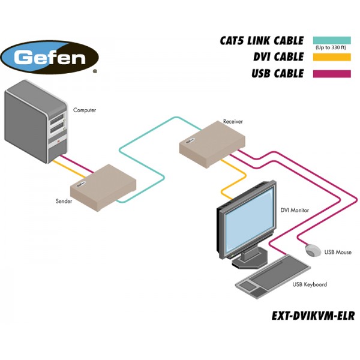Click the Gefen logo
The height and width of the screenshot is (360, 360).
(50, 58)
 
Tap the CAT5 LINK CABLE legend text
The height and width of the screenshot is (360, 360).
(262, 41)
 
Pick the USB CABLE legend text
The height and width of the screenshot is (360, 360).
(277, 74)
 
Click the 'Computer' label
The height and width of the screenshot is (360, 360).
(85, 110)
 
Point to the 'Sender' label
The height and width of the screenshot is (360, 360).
(64, 201)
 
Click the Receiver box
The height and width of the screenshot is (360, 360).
(212, 142)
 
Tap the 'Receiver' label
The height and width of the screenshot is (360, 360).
(233, 121)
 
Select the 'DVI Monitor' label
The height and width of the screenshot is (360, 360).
(295, 211)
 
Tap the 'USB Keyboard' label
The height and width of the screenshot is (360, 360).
(310, 284)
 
